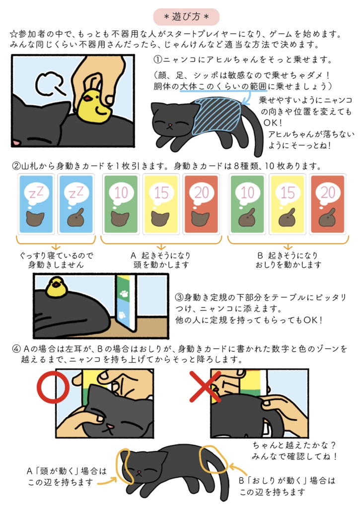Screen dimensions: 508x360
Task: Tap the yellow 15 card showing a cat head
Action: pyautogui.click(x=161, y=204)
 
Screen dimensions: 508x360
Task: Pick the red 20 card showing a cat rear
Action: pyautogui.click(x=327, y=204)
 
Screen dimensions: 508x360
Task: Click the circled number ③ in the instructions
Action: pyautogui.click(x=180, y=298)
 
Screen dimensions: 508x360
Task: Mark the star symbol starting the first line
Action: pyautogui.click(x=14, y=34)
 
